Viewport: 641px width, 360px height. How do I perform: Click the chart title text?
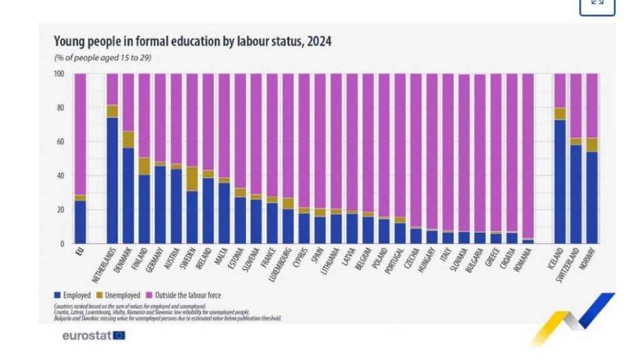[x=192, y=42]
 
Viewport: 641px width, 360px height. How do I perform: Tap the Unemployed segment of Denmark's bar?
[x=128, y=139]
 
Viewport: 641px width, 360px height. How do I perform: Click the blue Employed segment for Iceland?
[x=560, y=182]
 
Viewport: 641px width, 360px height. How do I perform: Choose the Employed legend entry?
[x=73, y=295]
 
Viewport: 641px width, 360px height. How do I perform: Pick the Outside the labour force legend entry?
[x=183, y=295]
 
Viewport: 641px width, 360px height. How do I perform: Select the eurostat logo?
[x=94, y=336]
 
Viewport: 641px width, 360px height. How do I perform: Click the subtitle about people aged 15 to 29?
[x=103, y=58]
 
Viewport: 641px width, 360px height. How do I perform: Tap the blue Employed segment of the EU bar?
[x=80, y=222]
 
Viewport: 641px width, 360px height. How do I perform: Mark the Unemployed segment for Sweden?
[x=192, y=178]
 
